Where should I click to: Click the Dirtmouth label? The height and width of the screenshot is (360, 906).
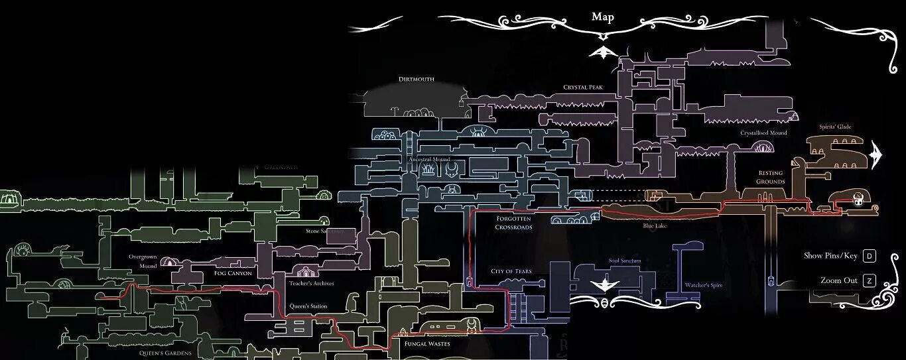coord(416,80)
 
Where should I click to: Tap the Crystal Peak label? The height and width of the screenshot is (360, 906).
coord(582,87)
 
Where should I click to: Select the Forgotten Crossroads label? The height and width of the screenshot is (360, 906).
coord(513,223)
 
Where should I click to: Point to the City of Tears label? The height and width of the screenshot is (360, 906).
coord(511,271)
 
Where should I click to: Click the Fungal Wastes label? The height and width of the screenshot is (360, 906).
coord(427,344)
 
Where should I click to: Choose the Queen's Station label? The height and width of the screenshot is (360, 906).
coord(308,306)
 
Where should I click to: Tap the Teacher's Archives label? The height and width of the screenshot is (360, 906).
coord(311,283)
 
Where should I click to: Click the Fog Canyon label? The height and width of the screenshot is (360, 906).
coord(233,272)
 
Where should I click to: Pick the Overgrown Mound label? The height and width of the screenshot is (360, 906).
coord(143,261)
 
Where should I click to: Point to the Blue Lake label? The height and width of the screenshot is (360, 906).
coord(655,226)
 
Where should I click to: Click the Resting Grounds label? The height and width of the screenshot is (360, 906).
coord(771,177)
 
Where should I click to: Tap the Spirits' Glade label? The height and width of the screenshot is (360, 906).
coord(834,127)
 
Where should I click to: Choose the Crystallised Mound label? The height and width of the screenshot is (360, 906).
coord(763,133)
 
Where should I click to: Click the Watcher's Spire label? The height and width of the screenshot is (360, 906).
coord(704,286)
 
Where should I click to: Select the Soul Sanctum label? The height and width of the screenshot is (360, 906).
coord(625,261)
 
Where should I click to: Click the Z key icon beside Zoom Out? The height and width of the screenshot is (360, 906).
coord(869,280)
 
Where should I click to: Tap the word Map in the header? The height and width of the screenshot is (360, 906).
coord(603,17)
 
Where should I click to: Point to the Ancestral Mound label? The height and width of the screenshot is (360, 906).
coord(429,160)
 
